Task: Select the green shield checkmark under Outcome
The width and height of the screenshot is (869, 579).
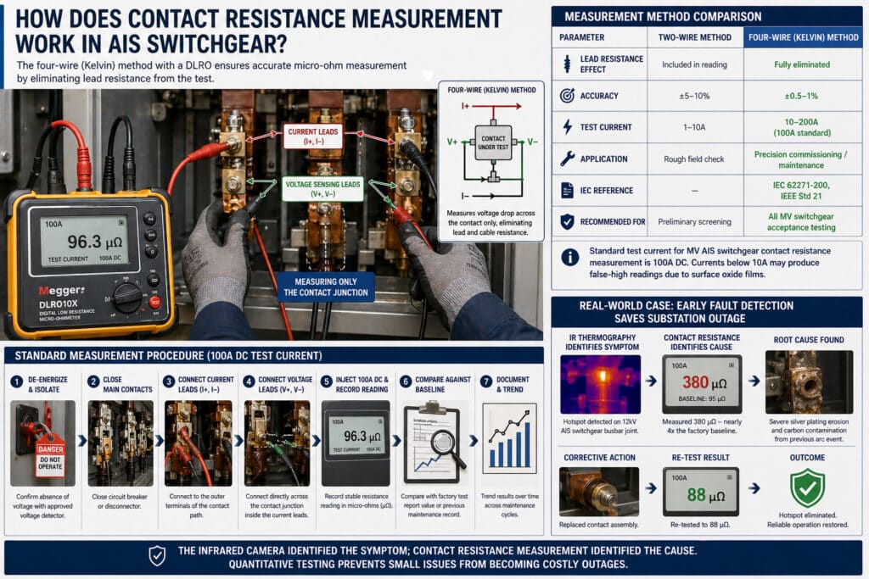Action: click(x=806, y=489)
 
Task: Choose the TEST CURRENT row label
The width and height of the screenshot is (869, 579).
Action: click(x=606, y=127)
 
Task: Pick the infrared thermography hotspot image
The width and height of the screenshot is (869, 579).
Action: click(x=601, y=384)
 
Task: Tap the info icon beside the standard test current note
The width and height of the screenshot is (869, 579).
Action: click(x=571, y=256)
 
